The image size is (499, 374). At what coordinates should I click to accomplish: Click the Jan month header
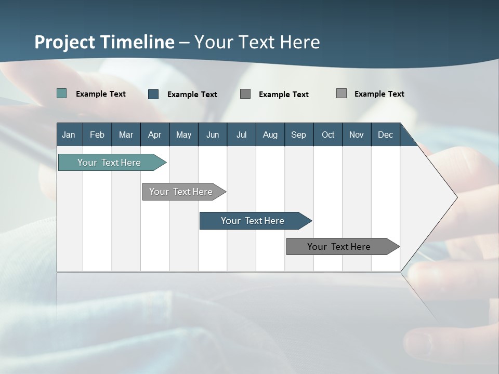coord(69,135)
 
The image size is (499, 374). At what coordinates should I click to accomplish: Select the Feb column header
coord(97,135)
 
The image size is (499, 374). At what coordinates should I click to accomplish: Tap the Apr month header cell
coord(155,135)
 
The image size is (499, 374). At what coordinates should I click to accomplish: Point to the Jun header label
coord(213,135)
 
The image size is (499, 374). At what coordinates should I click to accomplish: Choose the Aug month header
coord(270,135)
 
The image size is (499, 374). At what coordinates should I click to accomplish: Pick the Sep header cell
coord(299,135)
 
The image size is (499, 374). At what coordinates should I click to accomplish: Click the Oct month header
coord(328,135)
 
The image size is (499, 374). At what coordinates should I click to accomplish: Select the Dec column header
coord(386,135)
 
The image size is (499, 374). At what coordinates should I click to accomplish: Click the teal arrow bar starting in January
coord(109,163)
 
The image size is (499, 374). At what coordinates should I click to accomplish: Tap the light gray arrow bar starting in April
coord(181,192)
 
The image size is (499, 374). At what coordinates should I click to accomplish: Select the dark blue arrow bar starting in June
coord(253,221)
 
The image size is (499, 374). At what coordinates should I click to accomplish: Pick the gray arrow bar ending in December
coord(339,247)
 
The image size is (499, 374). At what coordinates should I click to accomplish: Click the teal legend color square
coord(61,94)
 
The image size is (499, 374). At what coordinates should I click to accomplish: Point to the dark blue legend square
coord(153,94)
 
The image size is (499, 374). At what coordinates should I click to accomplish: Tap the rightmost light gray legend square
coord(342,94)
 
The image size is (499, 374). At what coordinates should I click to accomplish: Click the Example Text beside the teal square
coord(101,94)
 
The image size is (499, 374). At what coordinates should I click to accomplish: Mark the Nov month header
coord(357,135)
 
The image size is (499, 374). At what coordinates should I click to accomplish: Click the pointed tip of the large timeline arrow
coord(456,197)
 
